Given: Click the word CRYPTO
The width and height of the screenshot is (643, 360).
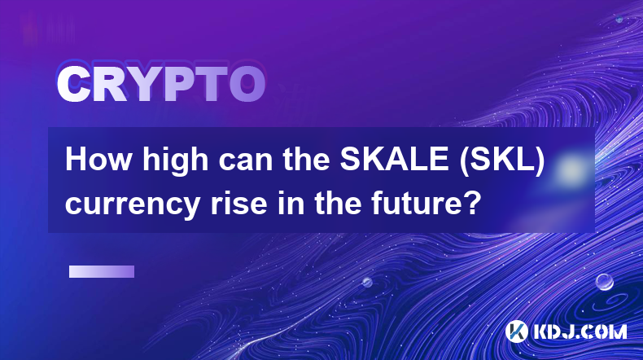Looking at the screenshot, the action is [x=161, y=85].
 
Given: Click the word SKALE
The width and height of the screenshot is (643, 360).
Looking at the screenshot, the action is [x=394, y=160].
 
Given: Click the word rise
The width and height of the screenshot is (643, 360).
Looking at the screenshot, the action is [x=239, y=203].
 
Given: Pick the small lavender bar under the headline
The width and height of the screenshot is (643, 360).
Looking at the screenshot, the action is [x=102, y=271].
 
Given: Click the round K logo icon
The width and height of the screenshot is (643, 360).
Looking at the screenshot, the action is [x=517, y=331].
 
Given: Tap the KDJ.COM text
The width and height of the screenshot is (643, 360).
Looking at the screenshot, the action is [x=580, y=331].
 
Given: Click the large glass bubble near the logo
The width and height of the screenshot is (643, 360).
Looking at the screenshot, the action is [x=604, y=282].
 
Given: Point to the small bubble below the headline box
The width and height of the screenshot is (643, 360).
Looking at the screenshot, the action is [x=367, y=282].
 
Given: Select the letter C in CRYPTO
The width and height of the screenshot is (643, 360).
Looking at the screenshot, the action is [x=73, y=85].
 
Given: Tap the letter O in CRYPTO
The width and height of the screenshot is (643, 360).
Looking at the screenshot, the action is [x=247, y=85].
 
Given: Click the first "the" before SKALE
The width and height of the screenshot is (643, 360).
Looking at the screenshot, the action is [x=306, y=160].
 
